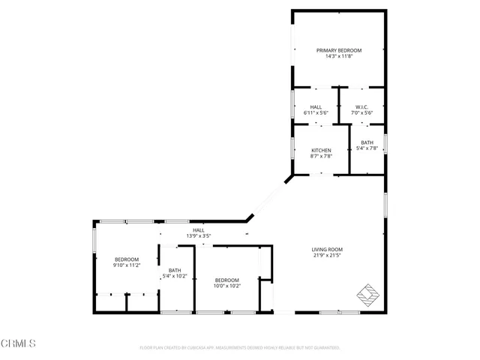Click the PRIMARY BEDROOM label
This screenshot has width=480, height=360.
tap(338, 50)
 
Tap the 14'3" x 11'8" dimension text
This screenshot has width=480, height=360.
tap(338, 56)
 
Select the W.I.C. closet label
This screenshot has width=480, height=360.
tap(361, 107)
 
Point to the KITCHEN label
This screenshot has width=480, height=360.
tap(321, 150)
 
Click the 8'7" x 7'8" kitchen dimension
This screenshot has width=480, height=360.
tap(321, 156)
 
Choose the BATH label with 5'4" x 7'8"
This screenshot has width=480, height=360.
tap(367, 142)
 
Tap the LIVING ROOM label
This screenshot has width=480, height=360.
tap(327, 250)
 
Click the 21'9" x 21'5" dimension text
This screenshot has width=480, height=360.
tap(327, 256)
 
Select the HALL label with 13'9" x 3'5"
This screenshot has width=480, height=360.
tap(198, 230)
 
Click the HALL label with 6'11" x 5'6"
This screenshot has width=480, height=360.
tap(316, 107)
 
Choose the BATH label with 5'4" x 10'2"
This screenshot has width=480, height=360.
tap(175, 271)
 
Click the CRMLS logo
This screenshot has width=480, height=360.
tap(19, 343)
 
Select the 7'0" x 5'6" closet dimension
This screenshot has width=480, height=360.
tap(361, 113)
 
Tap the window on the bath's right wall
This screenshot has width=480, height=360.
tap(385, 143)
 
